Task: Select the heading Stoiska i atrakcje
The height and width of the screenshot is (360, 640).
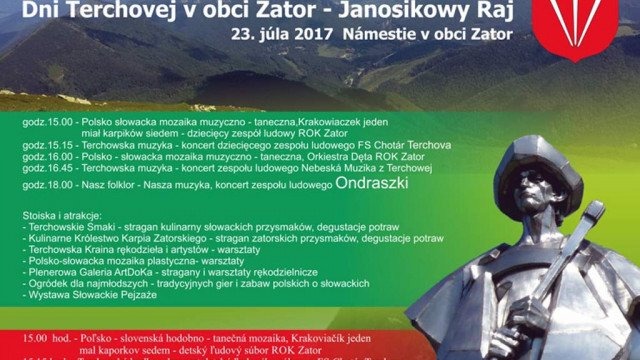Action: tap(59, 215)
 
